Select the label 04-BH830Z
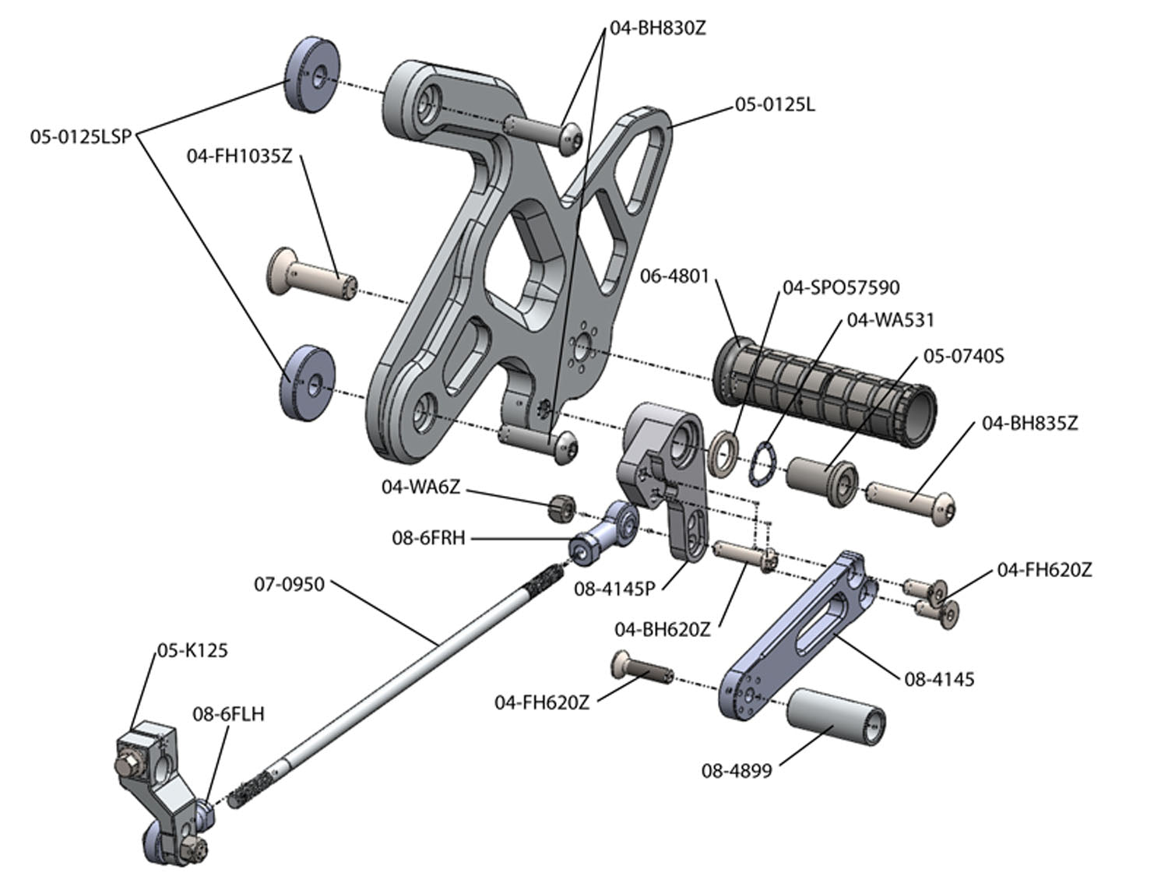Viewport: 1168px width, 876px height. pyautogui.click(x=658, y=29)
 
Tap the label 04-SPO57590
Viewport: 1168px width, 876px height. pyautogui.click(x=841, y=287)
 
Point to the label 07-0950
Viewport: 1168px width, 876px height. pyautogui.click(x=290, y=584)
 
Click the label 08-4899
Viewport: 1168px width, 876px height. pyautogui.click(x=737, y=771)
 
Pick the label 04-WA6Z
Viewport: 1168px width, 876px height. pyautogui.click(x=420, y=487)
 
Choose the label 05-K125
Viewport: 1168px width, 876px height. pyautogui.click(x=192, y=649)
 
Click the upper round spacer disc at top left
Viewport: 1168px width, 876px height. pyautogui.click(x=310, y=78)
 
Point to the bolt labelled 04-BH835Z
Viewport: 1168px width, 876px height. pyautogui.click(x=911, y=499)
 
